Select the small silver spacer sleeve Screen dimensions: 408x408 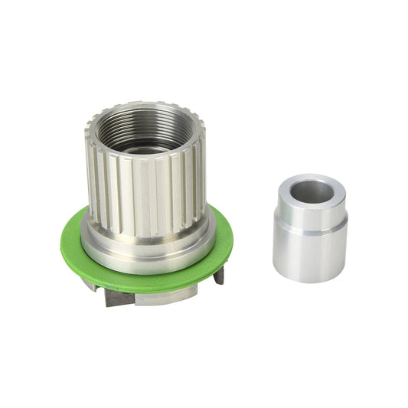tap(310, 230)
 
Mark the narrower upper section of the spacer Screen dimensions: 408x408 tap(310, 214)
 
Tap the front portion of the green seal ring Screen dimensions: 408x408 tap(145, 282)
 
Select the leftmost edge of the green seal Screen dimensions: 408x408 tap(63, 245)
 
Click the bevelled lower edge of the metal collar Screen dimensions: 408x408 tap(145, 264)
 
